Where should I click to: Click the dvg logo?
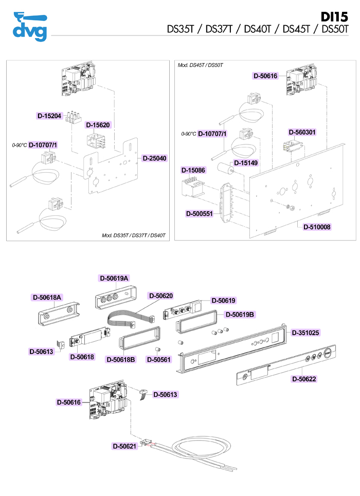pos(29,26)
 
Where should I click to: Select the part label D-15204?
pos(49,116)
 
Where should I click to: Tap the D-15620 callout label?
pos(98,125)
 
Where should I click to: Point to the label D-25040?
pos(154,158)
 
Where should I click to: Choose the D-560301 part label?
pos(302,132)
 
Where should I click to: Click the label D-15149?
pos(246,163)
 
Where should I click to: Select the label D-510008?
pos(317,226)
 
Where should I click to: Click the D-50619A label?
pos(114,278)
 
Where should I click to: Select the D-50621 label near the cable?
pos(125,446)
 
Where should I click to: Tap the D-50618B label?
pos(120,359)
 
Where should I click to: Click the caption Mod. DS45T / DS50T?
pos(200,65)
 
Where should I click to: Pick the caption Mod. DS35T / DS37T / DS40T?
pos(134,235)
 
